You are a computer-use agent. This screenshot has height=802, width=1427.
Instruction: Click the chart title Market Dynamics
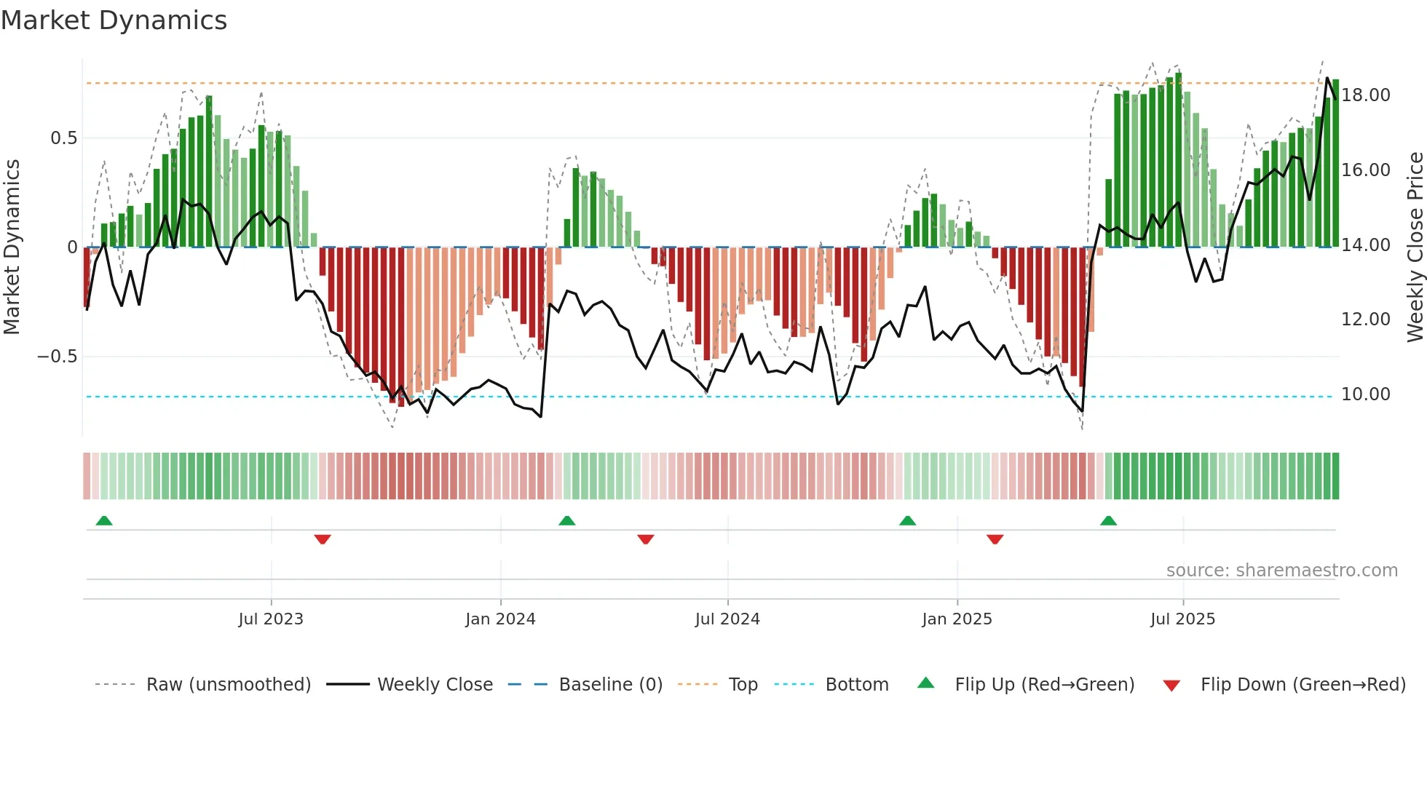tap(114, 20)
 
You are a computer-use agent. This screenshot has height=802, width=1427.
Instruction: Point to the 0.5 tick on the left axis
tap(63, 138)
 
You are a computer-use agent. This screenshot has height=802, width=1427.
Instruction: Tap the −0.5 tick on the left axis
tap(58, 357)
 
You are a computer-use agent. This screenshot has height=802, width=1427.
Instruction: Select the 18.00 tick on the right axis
tap(1366, 95)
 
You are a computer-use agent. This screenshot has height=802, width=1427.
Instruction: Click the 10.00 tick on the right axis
tap(1366, 394)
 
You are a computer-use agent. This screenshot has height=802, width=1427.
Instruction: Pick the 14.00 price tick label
tap(1366, 245)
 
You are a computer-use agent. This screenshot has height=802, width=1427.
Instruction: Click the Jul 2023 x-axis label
tap(271, 619)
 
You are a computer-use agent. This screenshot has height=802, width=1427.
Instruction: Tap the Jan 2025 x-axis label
tap(957, 619)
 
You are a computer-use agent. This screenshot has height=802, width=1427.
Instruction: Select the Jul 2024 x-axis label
tap(727, 619)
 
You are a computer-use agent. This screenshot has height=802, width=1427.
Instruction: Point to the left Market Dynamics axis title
tap(12, 247)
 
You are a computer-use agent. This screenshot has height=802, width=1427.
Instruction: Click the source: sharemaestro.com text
tap(1281, 571)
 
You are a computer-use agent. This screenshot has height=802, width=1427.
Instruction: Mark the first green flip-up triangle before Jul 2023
tap(104, 520)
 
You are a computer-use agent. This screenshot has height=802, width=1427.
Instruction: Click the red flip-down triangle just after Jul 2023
tap(323, 539)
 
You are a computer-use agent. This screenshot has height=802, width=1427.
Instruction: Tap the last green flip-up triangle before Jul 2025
tap(1108, 520)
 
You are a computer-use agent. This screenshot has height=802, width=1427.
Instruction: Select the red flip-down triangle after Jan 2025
tap(995, 539)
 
